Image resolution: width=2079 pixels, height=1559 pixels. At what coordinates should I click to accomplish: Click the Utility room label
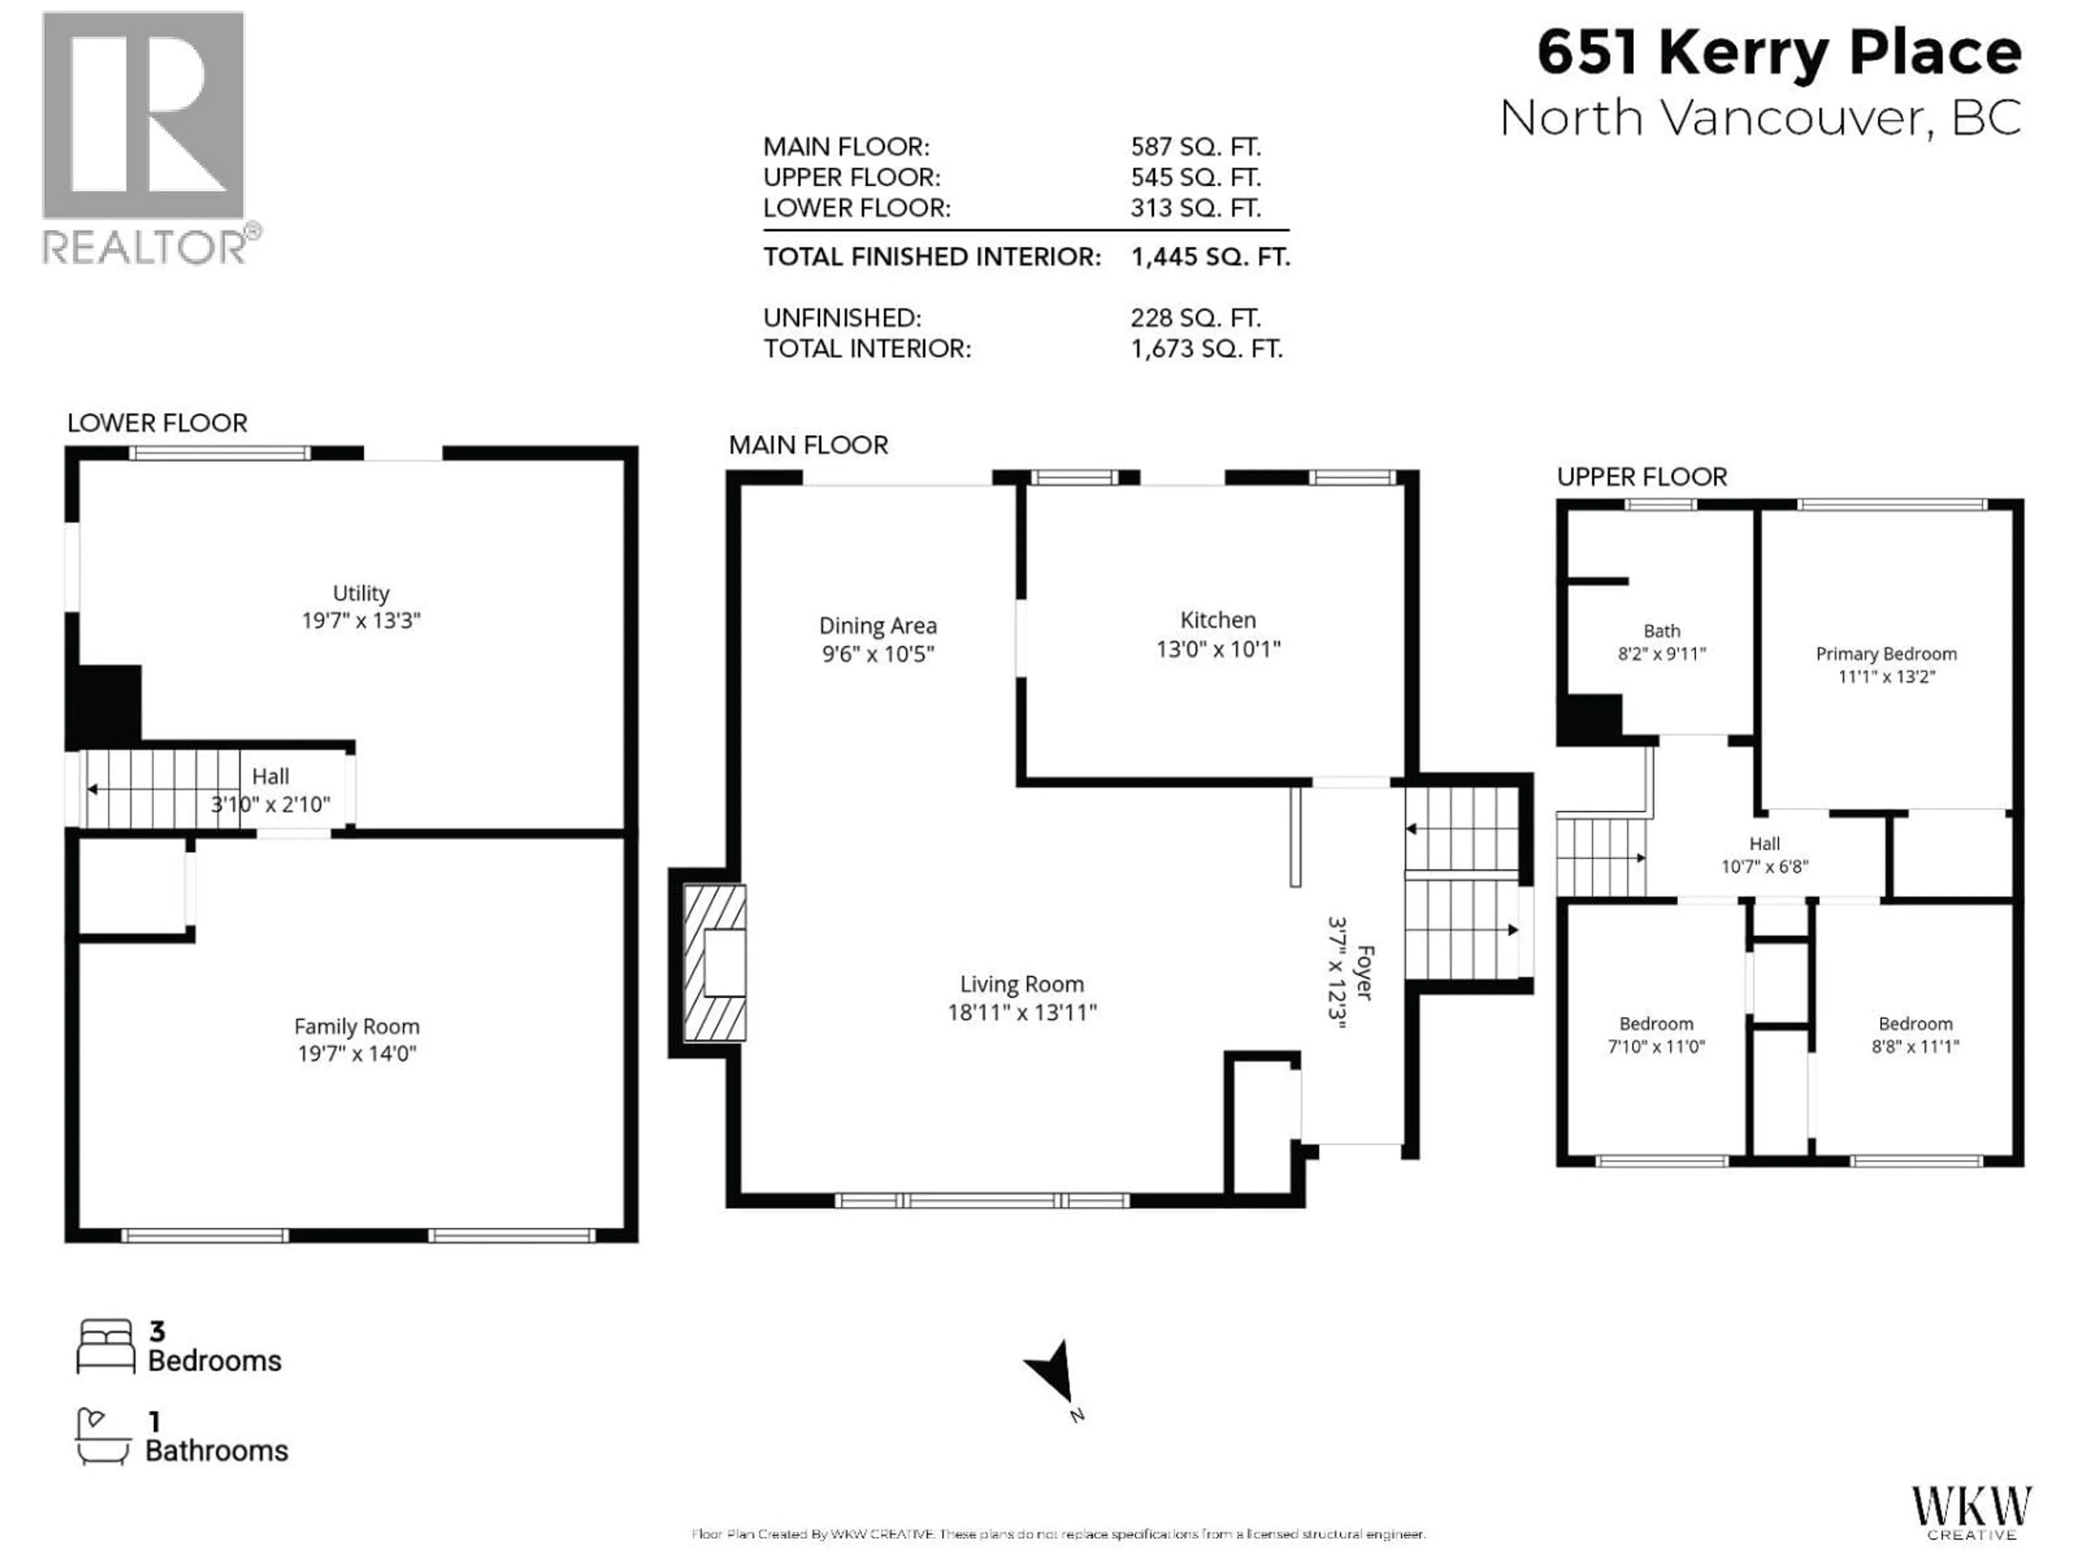361,593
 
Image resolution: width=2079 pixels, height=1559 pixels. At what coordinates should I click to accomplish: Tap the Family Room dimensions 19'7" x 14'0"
357,1053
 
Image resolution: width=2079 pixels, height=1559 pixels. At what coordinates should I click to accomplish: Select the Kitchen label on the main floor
1218,620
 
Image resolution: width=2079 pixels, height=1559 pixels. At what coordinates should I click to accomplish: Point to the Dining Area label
878,626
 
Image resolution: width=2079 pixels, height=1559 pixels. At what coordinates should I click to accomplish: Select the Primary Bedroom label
1886,654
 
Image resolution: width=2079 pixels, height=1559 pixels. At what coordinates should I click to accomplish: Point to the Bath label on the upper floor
1662,631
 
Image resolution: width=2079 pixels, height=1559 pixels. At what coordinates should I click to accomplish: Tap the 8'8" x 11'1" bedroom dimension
1915,1046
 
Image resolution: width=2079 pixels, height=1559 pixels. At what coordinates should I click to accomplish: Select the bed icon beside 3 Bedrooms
105,1347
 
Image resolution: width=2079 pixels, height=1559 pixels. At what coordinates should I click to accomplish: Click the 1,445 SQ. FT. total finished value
1211,257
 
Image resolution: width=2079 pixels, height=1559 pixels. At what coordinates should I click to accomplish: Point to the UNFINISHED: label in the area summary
842,318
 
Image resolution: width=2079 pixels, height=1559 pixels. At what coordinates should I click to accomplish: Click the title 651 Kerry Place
1779,53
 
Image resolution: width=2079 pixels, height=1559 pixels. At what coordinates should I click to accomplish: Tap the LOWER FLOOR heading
157,423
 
